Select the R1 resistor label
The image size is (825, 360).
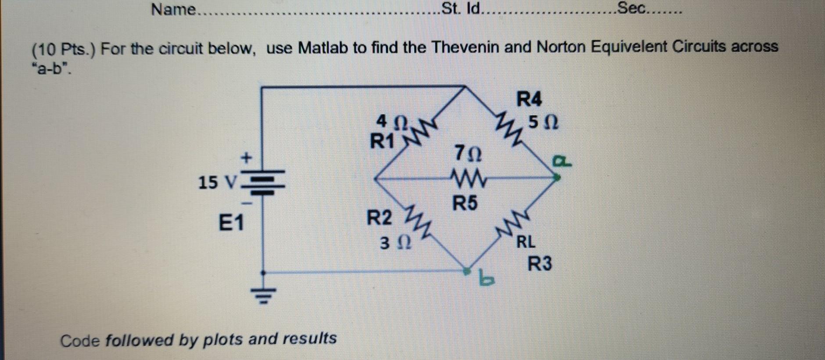[382, 141]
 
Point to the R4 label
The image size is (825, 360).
[529, 99]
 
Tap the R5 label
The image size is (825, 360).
[465, 203]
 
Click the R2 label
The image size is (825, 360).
[379, 217]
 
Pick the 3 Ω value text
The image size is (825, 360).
[395, 242]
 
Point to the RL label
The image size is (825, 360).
[526, 241]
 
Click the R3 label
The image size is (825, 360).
[539, 264]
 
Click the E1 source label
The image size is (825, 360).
[231, 223]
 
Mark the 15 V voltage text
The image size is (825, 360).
[217, 182]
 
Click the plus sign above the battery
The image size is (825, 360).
[247, 157]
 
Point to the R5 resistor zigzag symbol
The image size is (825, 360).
[467, 179]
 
